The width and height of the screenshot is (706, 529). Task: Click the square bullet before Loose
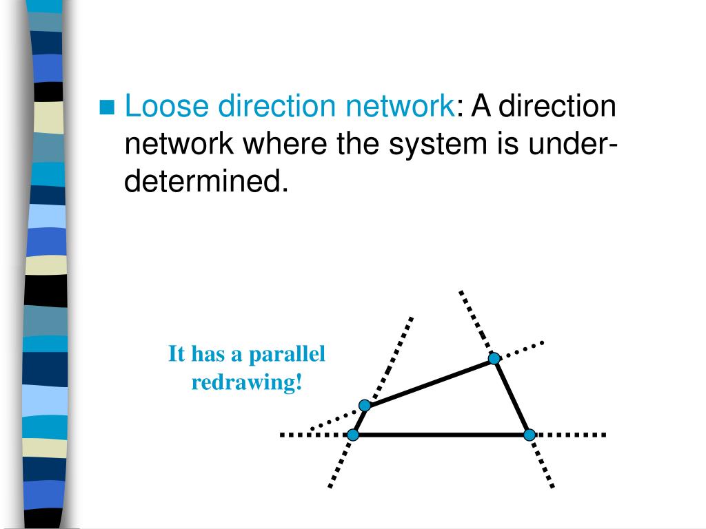108,107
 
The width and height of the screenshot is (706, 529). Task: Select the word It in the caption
177,355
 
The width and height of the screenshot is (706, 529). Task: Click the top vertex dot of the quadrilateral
494,358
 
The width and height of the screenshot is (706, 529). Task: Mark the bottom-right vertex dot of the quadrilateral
529,435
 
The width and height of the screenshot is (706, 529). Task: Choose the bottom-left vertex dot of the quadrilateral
353,435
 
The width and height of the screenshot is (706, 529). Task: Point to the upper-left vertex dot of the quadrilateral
365,405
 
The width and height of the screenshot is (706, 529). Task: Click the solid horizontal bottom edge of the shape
441,435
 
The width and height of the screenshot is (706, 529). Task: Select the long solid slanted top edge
429,382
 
